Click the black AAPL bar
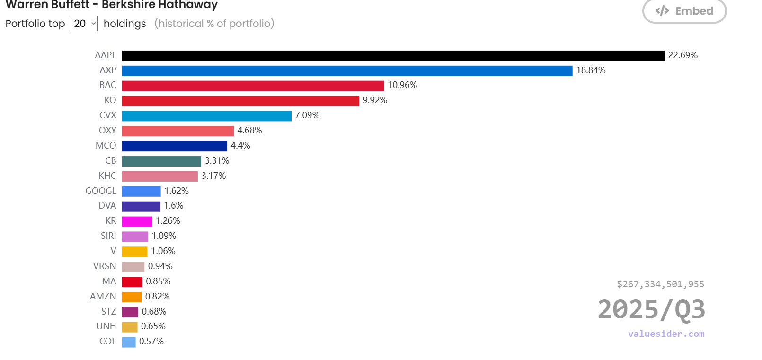(393, 56)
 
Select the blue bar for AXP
(347, 71)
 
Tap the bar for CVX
(206, 116)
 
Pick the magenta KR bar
(137, 221)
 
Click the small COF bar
(129, 342)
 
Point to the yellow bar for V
(134, 252)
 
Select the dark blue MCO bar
(174, 146)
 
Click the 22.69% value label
(682, 55)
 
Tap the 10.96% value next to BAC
(402, 85)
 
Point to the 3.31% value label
(217, 161)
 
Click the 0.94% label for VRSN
(160, 266)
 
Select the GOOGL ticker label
(100, 191)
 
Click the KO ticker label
(110, 100)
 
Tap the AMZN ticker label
(103, 297)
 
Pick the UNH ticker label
(106, 326)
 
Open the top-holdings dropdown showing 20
(84, 24)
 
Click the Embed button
(684, 11)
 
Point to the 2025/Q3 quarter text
(651, 310)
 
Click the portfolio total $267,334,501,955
(660, 284)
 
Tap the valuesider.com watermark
(666, 334)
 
